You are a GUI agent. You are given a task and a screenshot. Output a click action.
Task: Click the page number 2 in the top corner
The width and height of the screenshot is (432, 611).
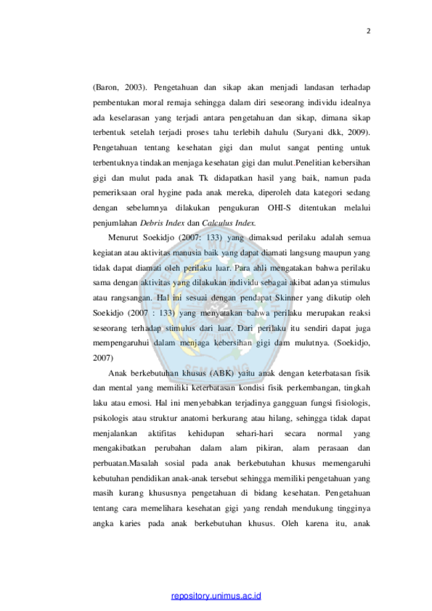coord(368,31)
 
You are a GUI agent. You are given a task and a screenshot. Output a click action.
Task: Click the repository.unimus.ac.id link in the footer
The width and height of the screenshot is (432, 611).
coord(216,596)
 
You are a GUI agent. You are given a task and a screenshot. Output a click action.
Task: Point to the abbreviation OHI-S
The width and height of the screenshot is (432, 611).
coord(279,207)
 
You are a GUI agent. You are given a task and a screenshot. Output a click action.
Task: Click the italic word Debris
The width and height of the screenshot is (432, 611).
coord(152,223)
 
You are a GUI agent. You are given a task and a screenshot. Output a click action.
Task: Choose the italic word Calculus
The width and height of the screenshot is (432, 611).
coord(217,223)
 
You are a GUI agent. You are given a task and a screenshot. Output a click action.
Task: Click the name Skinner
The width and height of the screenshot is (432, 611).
coord(288,298)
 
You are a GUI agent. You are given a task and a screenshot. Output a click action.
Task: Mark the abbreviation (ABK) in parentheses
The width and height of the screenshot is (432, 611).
coord(221,373)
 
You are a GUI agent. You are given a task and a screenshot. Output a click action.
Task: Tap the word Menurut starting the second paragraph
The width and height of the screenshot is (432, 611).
coord(124,238)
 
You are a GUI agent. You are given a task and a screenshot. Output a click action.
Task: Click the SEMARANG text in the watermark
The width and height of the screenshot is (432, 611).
coord(216,368)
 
